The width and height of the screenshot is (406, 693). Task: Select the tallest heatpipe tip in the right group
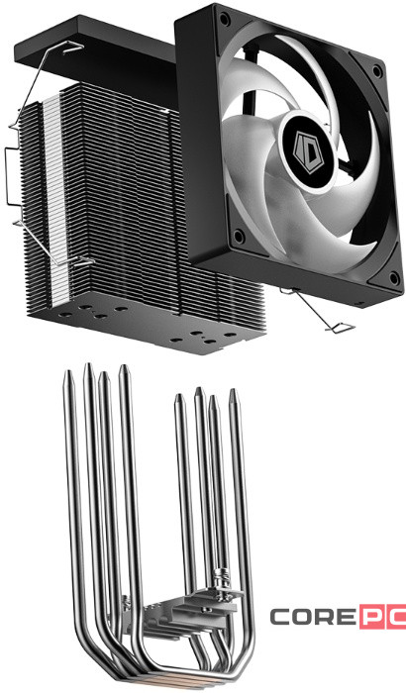click(x=199, y=392)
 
